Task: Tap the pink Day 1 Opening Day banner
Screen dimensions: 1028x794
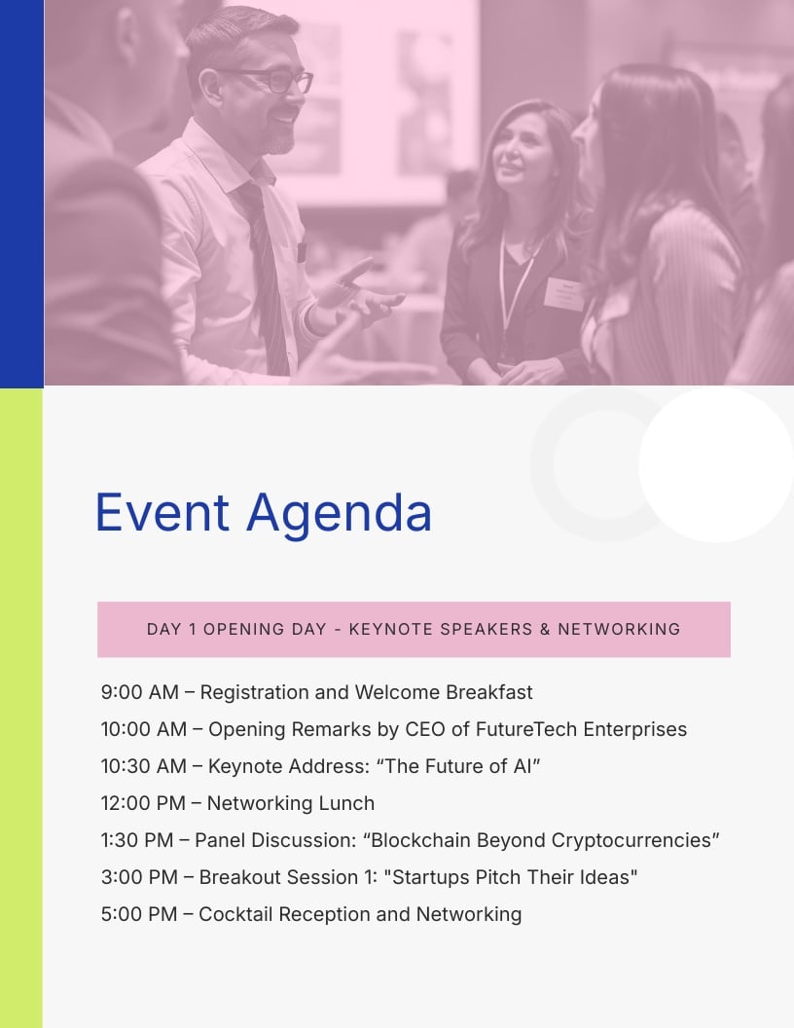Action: click(414, 629)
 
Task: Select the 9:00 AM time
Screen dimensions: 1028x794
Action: click(139, 692)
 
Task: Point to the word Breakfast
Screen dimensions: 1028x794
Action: click(488, 692)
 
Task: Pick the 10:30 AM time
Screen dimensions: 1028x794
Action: click(143, 766)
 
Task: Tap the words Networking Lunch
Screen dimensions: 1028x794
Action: click(290, 803)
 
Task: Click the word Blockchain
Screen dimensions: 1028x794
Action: click(421, 840)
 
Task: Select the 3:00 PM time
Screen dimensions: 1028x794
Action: click(139, 877)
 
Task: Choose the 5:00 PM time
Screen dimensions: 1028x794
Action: click(139, 914)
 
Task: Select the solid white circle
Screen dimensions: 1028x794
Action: click(716, 464)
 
